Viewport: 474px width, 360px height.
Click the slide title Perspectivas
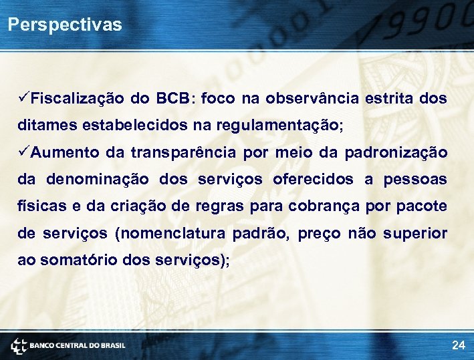[x=65, y=25]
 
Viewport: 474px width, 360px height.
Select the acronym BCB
[x=173, y=99]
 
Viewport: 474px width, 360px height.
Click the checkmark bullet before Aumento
[x=23, y=152]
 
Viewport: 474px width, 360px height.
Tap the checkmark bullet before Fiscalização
[x=23, y=99]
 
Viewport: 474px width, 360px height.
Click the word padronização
[x=396, y=153]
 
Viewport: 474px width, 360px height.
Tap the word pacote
[x=422, y=206]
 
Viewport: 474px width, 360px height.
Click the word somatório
[x=80, y=260]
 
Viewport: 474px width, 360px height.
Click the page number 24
[x=458, y=345]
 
